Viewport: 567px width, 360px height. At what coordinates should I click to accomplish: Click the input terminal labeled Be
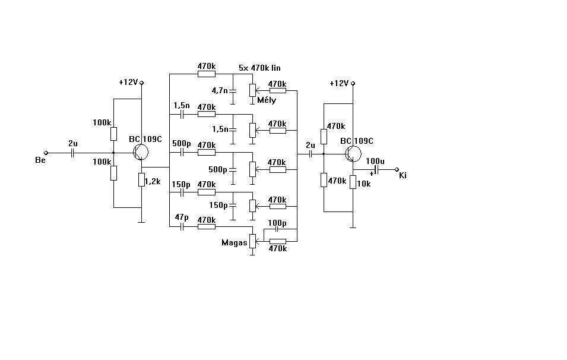click(46, 153)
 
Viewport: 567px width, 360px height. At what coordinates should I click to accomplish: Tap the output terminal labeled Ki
click(397, 169)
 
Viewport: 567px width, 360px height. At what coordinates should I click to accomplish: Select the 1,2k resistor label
click(153, 181)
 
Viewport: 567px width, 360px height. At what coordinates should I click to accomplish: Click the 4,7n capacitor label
click(219, 91)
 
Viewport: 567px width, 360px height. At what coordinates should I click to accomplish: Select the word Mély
click(267, 100)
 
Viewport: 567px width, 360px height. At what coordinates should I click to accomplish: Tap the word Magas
click(234, 242)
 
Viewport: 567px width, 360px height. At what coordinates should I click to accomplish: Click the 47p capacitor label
click(181, 217)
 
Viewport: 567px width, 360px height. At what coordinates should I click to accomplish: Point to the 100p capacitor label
click(277, 223)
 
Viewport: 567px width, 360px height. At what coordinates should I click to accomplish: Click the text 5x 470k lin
click(259, 68)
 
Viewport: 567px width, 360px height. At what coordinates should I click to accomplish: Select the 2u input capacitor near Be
click(72, 153)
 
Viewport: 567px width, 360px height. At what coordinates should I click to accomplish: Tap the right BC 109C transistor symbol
click(353, 154)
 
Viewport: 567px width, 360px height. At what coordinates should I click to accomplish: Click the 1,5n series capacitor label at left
click(181, 105)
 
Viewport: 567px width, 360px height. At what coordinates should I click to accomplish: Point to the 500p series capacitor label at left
click(181, 144)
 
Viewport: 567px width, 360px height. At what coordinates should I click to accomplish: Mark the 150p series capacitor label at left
click(181, 184)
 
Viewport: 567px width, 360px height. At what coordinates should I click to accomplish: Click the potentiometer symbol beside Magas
click(253, 241)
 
